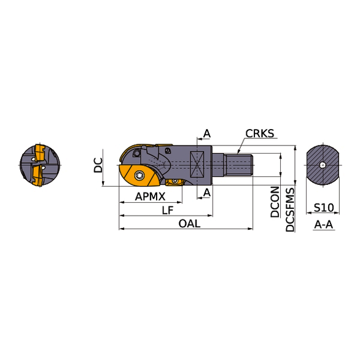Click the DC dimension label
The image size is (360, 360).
[98, 165]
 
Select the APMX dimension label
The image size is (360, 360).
[150, 197]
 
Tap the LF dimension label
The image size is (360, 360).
[168, 210]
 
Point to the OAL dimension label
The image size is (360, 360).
[189, 224]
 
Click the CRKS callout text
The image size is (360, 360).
[260, 133]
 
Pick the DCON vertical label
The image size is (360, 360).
[275, 202]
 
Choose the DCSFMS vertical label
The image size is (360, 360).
[290, 209]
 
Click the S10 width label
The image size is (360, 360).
[324, 208]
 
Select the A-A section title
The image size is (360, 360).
[324, 224]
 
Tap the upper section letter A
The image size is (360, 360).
[207, 133]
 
